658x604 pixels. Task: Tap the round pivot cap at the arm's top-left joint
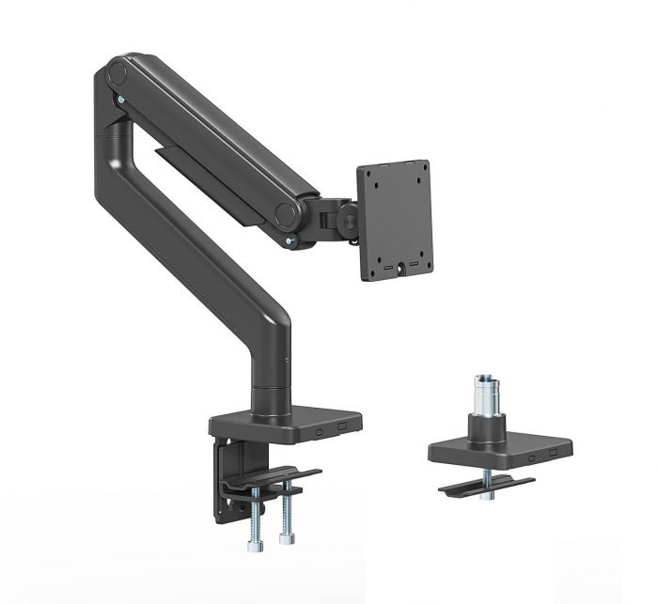coord(116,71)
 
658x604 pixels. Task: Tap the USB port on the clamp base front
coord(341,425)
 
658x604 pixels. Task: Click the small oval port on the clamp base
coord(321,428)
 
